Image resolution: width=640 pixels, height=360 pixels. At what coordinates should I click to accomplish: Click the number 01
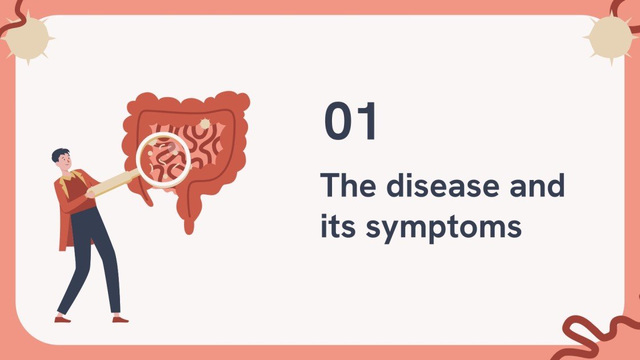tap(350, 122)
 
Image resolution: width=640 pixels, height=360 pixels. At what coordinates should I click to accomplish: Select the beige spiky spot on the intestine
tap(205, 124)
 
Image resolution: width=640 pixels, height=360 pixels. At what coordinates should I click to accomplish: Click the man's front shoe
tap(121, 319)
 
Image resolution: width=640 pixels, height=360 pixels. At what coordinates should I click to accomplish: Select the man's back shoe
tap(62, 319)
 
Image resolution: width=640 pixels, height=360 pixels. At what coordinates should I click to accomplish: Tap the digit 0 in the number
tap(339, 122)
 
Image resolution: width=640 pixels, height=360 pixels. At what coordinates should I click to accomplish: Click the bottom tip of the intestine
tap(189, 229)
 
